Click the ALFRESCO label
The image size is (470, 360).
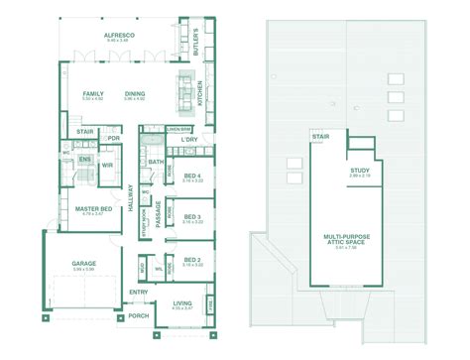coord(120,35)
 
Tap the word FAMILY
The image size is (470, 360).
coord(93,93)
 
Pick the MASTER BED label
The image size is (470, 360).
coord(91,208)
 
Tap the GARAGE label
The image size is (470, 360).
coord(83,264)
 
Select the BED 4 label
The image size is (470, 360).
coord(193,177)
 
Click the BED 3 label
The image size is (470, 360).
coord(193,217)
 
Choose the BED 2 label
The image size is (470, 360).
coord(193,259)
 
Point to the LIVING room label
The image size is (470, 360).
coord(182,303)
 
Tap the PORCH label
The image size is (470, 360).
coord(138,315)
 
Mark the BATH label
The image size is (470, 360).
coord(156,161)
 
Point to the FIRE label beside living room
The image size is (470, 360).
coord(209,303)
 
